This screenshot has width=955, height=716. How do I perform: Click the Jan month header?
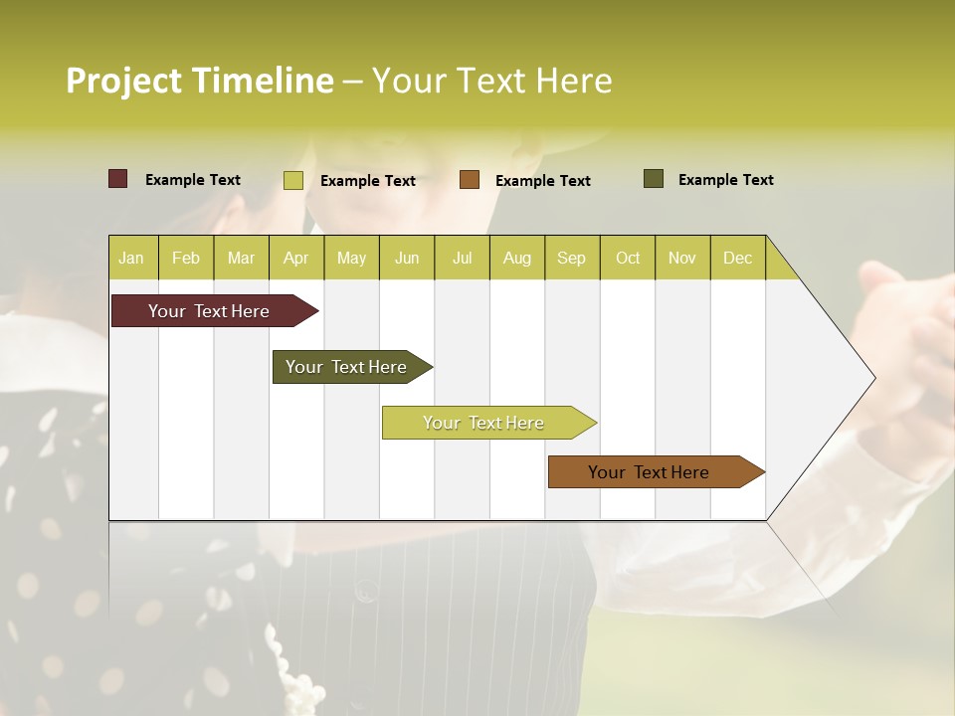click(132, 258)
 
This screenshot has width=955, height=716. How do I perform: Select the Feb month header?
click(186, 258)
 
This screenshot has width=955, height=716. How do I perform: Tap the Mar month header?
click(241, 258)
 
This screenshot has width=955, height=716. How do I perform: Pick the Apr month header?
click(296, 258)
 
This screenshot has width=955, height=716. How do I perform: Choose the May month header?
click(351, 258)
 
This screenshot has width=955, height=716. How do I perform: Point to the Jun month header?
click(407, 258)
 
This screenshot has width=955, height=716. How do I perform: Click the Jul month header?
click(462, 258)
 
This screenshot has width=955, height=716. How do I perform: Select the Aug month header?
click(517, 258)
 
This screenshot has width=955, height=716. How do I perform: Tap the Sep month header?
click(572, 258)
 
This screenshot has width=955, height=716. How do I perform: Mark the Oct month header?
click(628, 258)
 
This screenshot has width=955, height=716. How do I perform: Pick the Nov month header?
click(682, 258)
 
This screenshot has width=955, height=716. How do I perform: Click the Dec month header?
click(738, 258)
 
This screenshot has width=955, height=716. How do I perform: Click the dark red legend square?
click(118, 179)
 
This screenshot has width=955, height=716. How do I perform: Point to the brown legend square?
click(470, 180)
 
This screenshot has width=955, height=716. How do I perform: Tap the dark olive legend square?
click(654, 179)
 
